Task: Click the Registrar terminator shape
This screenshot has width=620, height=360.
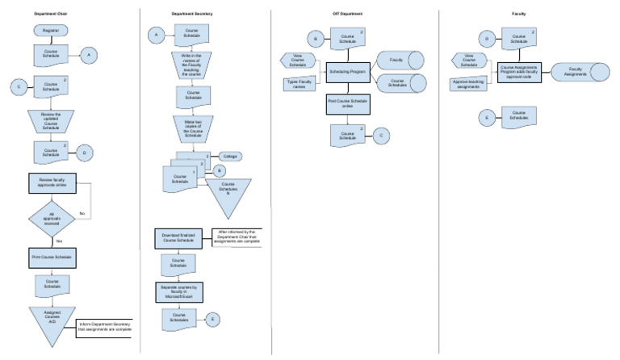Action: coord(51,31)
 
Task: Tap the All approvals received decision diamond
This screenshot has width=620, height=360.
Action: coord(51,220)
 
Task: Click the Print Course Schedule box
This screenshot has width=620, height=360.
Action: coord(52,257)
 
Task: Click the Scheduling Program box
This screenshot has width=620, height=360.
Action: coord(348,72)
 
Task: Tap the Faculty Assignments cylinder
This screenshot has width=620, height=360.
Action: coord(576,72)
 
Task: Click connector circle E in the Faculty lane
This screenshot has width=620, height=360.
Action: coord(486,118)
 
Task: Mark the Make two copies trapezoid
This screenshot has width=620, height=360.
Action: coord(192,128)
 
